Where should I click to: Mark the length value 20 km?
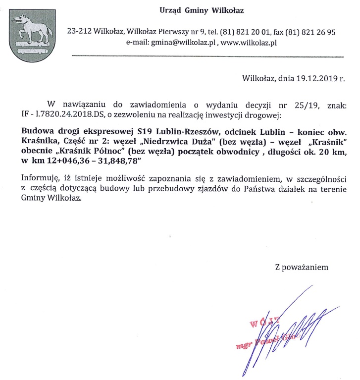click(x=330, y=153)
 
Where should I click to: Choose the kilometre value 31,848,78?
click(x=120, y=163)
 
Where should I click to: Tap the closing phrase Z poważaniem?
click(x=302, y=267)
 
